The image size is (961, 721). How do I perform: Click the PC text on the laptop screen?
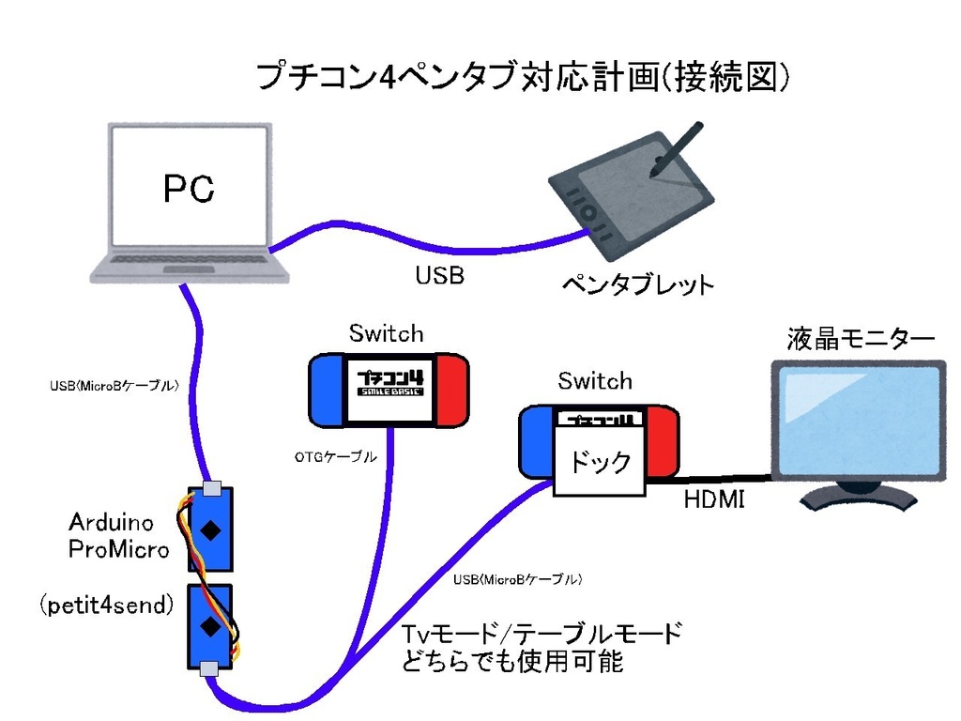coord(189,190)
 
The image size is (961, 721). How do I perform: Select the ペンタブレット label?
coord(637,284)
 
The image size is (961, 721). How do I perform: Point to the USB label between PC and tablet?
coord(439,276)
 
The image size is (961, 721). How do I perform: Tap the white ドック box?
coord(600,461)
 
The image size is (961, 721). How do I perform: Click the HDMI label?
coord(713,500)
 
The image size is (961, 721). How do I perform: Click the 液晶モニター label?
coord(861,339)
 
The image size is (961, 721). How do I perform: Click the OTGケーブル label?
coord(335,457)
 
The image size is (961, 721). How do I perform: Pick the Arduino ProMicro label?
coord(118,535)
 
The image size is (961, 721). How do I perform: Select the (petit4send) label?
coord(107,606)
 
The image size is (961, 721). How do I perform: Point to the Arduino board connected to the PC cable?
coord(211,529)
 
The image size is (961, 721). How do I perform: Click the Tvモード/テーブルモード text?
coord(542,634)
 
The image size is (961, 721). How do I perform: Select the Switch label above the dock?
coord(595,381)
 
